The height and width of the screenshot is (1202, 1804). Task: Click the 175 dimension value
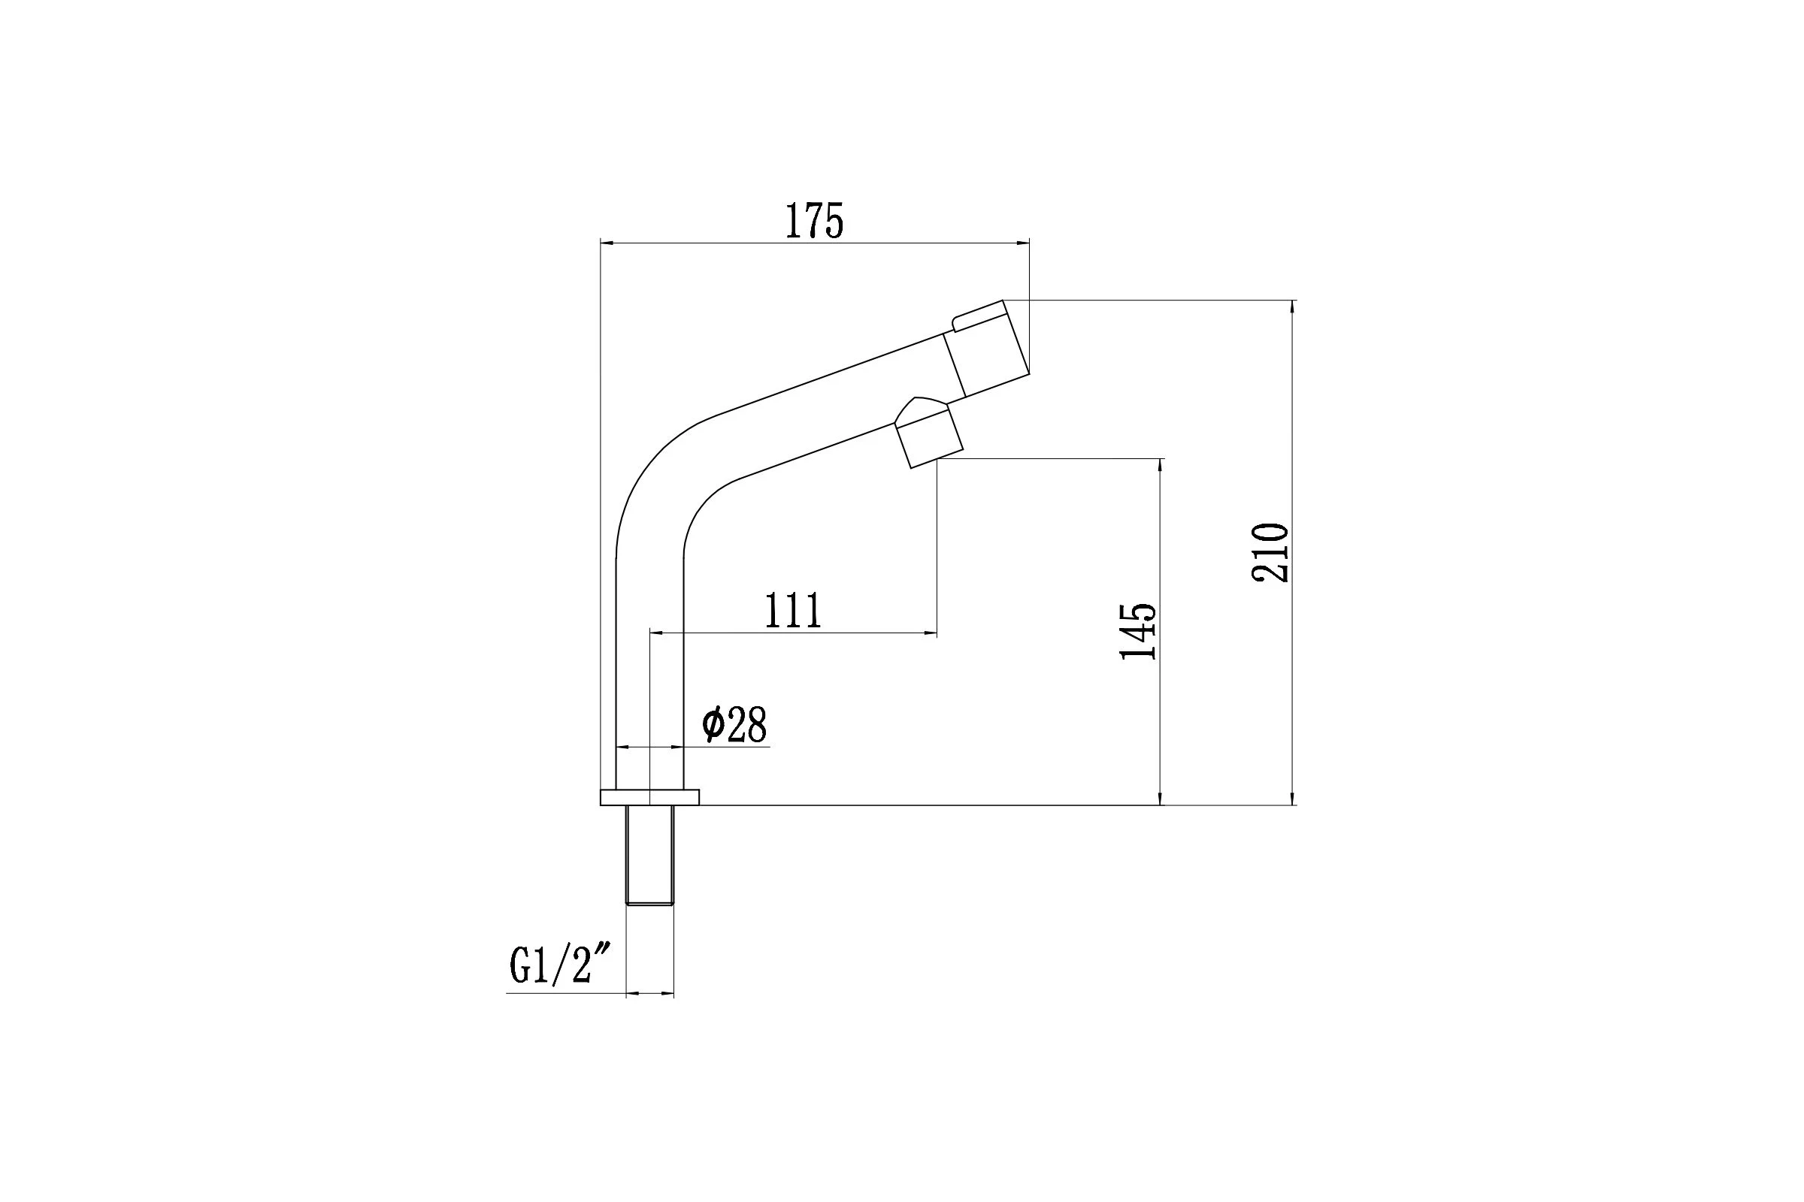(x=814, y=221)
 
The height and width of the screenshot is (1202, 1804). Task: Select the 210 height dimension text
(x=1270, y=553)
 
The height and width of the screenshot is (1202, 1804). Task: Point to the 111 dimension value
(x=793, y=610)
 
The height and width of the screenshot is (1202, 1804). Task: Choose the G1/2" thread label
(x=561, y=965)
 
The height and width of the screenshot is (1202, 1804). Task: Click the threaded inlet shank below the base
(x=649, y=856)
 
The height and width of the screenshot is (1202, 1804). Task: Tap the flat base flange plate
(x=649, y=797)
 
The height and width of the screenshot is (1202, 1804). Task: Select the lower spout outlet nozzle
(x=929, y=438)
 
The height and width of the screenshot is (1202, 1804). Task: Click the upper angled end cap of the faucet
(x=985, y=349)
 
